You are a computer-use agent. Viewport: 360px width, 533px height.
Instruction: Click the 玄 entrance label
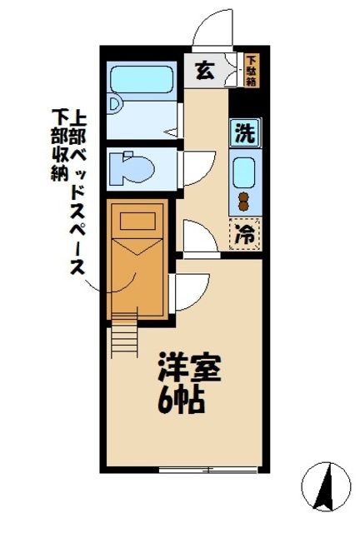click(x=203, y=70)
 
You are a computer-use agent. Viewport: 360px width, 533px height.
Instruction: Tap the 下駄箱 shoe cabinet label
click(x=252, y=70)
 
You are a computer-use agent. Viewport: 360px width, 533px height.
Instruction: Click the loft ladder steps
click(x=123, y=336)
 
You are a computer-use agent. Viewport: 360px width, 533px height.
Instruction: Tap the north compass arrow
click(x=327, y=483)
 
